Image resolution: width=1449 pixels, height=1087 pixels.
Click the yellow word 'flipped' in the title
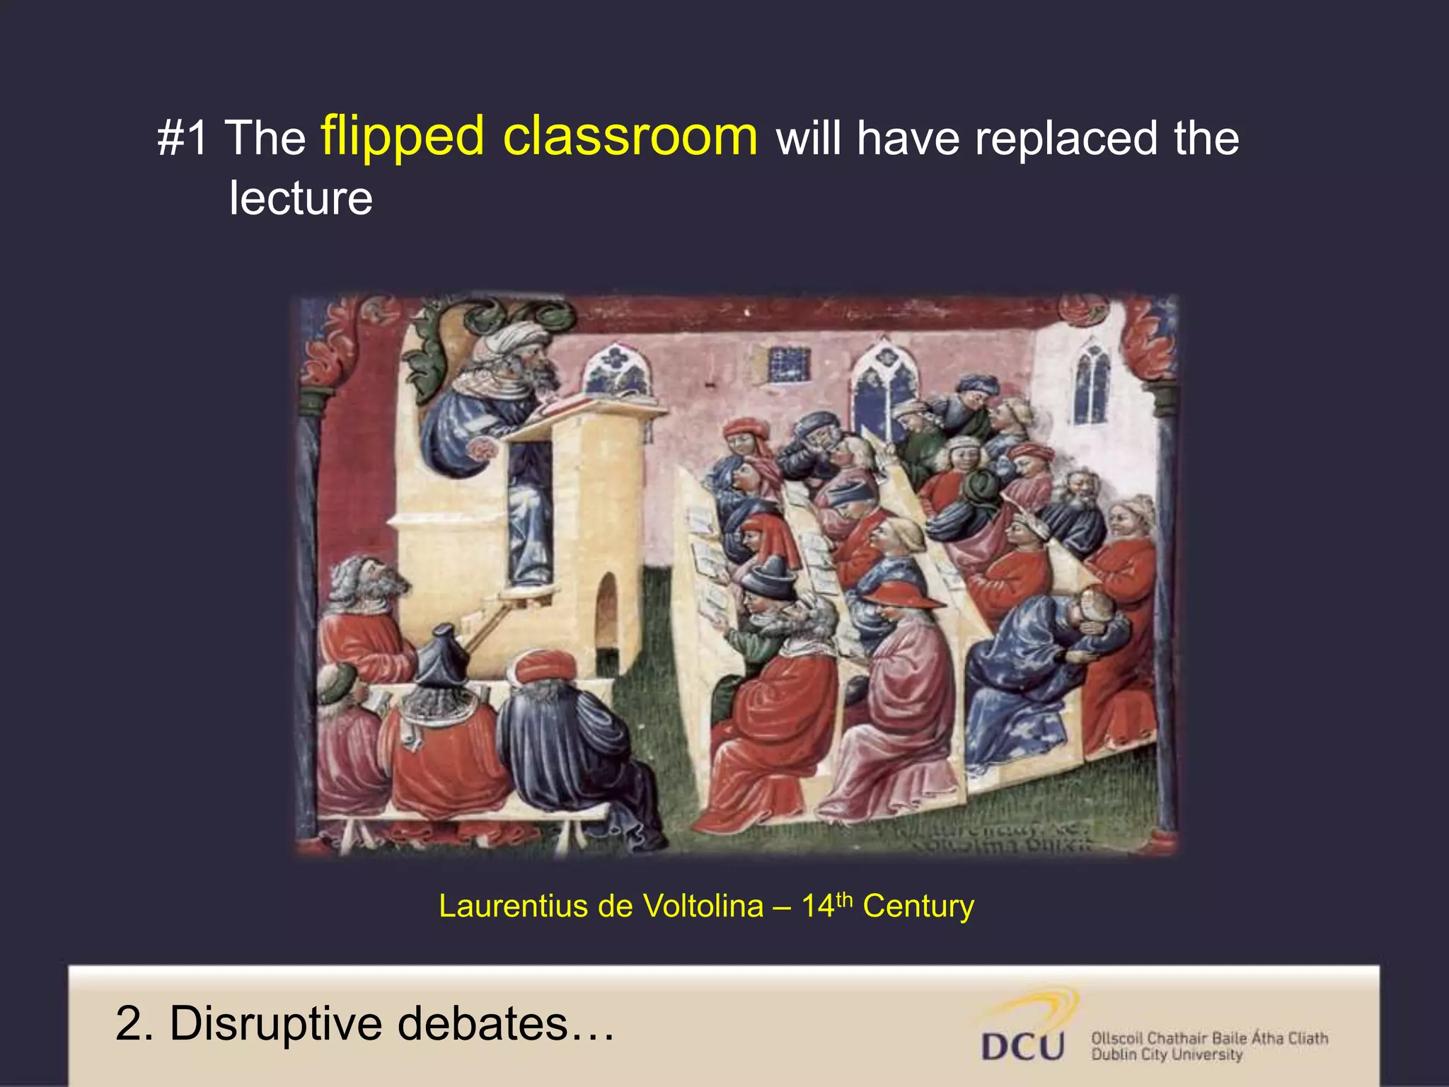402,137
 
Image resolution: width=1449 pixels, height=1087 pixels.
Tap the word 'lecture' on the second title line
301,198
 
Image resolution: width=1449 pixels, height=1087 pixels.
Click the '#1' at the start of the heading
183,138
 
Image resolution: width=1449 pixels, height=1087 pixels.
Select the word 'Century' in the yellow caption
918,907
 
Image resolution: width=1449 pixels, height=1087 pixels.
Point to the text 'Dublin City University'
1167,1055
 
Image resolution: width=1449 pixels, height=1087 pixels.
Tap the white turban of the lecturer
513,338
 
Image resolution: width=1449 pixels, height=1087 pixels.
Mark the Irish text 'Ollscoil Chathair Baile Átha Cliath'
1209,1038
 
